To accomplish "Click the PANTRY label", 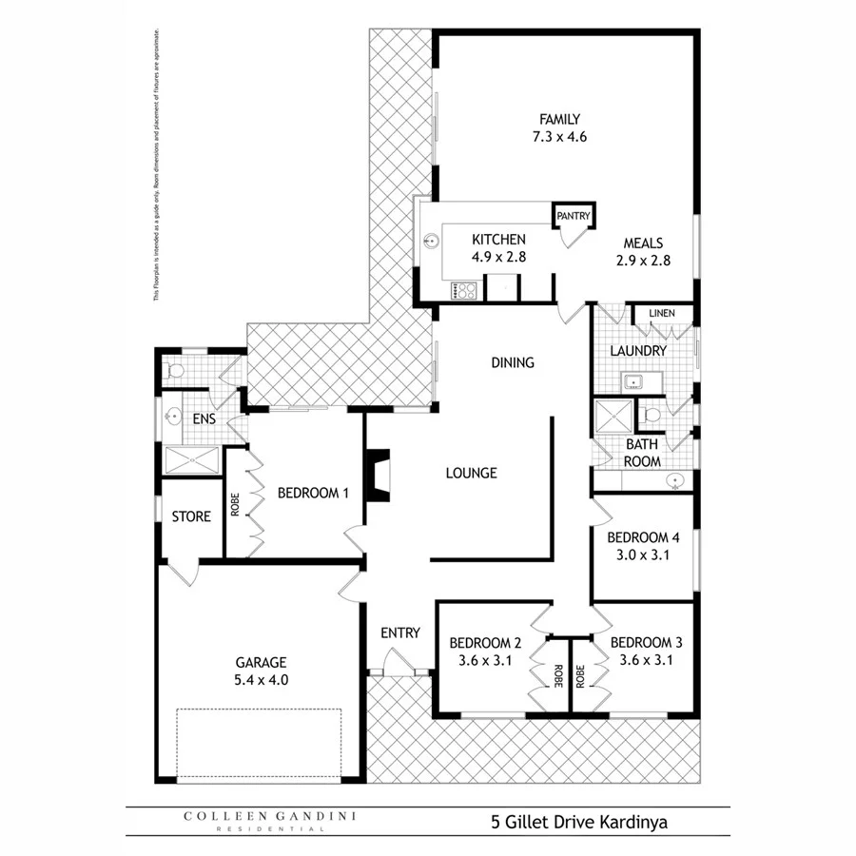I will [x=574, y=217].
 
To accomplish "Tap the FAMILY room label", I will [x=559, y=120].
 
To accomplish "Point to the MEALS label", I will [x=644, y=243].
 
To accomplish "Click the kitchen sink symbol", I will [x=432, y=241].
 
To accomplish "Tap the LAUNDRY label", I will [x=637, y=351].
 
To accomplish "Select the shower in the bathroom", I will [x=606, y=418].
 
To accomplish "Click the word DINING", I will [x=513, y=362].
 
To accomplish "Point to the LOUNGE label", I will [x=472, y=473].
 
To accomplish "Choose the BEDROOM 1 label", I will [x=314, y=493].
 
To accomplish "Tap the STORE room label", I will [x=191, y=516].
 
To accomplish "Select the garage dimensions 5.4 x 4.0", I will [x=261, y=680].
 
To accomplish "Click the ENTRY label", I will [x=399, y=632].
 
